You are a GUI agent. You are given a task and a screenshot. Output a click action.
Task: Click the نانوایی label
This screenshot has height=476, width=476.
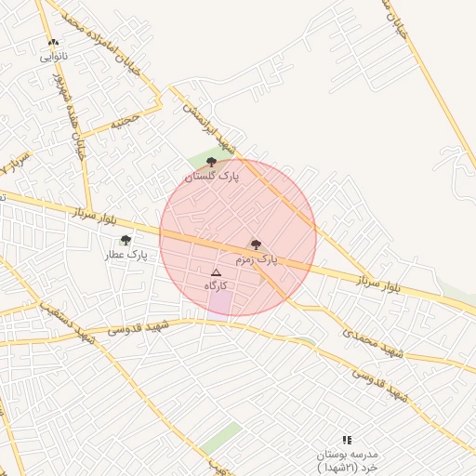53,57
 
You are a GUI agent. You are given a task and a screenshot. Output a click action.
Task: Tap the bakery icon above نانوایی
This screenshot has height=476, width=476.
53,43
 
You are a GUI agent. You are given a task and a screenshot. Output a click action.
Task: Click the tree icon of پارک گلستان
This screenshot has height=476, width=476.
212,162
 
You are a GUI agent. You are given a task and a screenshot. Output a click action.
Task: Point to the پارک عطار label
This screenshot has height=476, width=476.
126,254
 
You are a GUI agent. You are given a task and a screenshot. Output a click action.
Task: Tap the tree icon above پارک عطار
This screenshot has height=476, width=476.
126,240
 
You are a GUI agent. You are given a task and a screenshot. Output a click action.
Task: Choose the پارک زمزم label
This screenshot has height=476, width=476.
257,259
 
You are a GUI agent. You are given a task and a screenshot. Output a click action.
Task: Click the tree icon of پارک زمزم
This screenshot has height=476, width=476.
256,245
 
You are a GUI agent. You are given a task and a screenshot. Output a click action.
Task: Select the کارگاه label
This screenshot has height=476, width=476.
216,286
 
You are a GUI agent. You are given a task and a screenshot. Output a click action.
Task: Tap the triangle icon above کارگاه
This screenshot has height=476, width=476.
216,273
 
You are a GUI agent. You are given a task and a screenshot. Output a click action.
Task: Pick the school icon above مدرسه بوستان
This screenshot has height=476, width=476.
347,440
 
